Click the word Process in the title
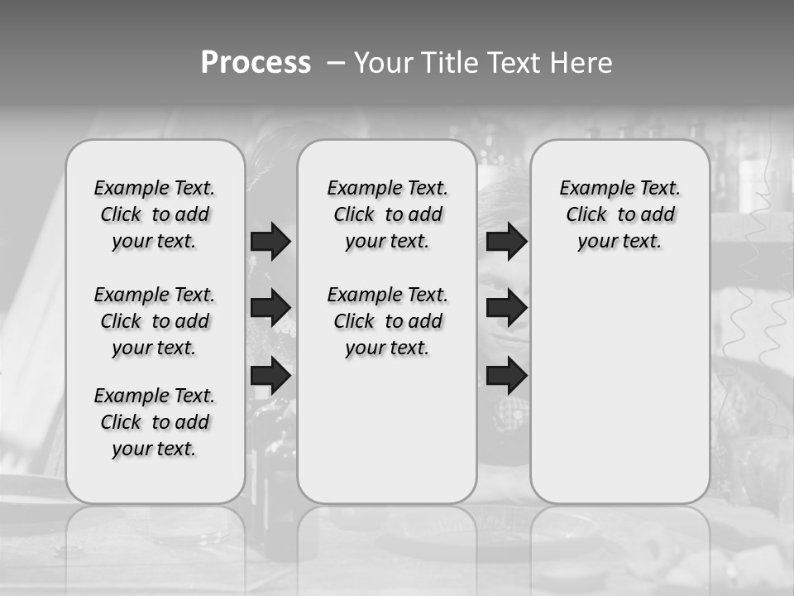[x=256, y=63]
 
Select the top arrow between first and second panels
[x=270, y=241]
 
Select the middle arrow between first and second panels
[x=270, y=308]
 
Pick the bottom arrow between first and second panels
[x=270, y=376]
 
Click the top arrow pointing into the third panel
[x=506, y=241]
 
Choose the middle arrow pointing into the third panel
[x=506, y=308]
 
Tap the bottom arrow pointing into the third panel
[x=506, y=376]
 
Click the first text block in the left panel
[x=155, y=214]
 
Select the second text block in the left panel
[x=155, y=321]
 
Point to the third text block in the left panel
[x=155, y=422]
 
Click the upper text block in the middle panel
[x=387, y=214]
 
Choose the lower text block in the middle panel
[x=387, y=321]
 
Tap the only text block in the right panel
[x=619, y=214]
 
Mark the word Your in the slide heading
[x=384, y=63]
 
